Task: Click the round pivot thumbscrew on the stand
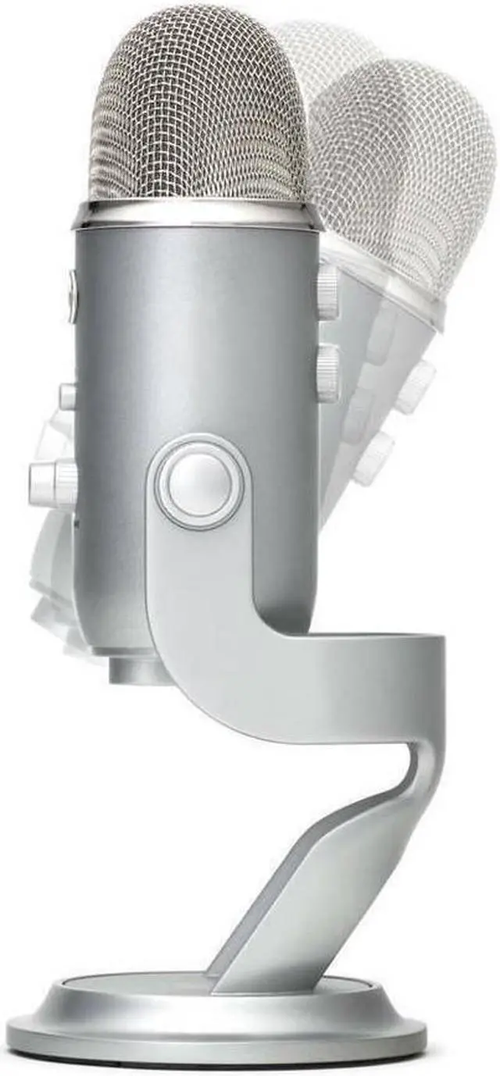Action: tap(199, 481)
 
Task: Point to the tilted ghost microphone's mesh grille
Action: tap(414, 156)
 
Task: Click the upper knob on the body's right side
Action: tap(328, 291)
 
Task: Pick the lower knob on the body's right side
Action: tap(328, 373)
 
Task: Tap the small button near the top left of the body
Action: tap(73, 295)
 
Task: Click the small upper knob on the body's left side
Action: tap(68, 397)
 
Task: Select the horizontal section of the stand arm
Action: tap(352, 687)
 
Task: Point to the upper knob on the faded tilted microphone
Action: tap(414, 387)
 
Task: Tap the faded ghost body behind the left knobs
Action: tap(55, 570)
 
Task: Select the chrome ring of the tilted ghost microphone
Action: tap(391, 281)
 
